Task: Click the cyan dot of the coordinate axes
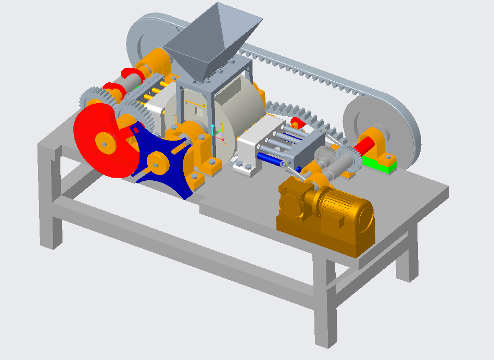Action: (213, 127)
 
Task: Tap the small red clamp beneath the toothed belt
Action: (297, 123)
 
